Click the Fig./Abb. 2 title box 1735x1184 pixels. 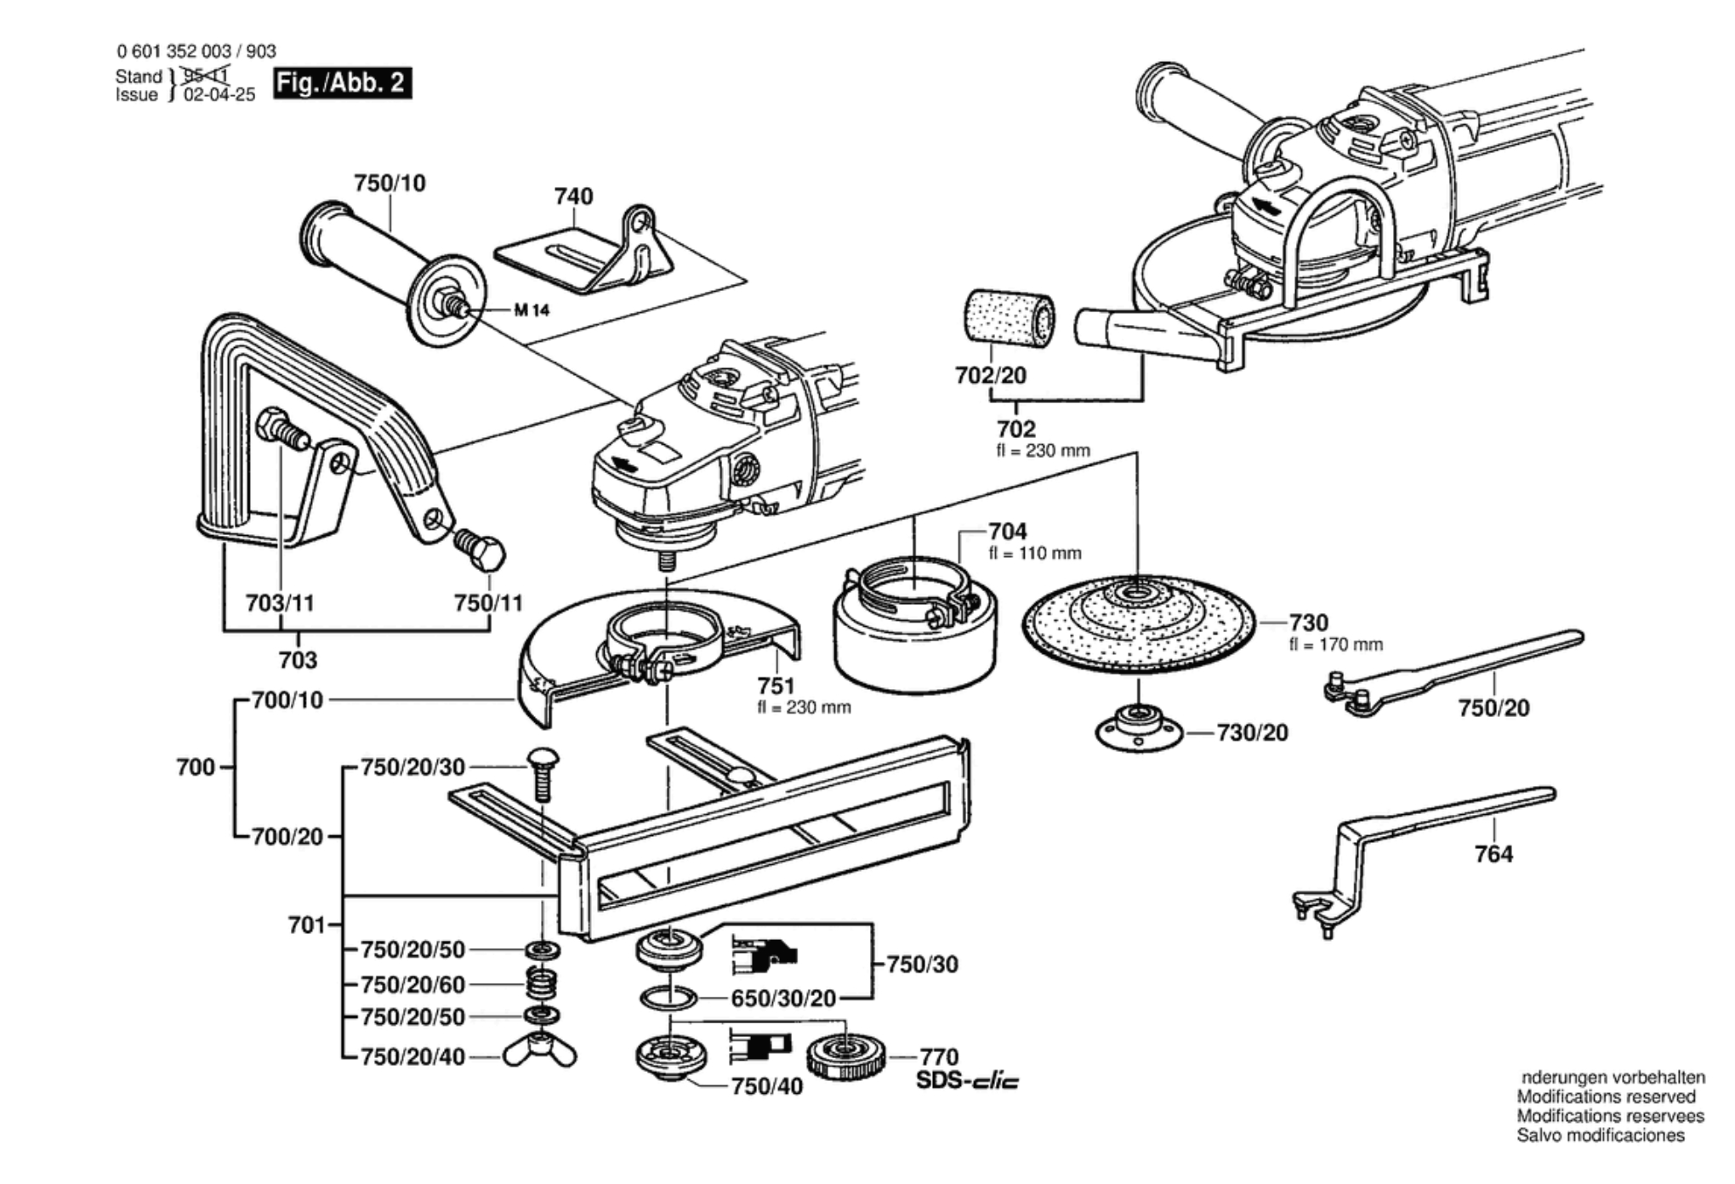[x=342, y=83]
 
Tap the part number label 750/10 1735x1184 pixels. [x=390, y=183]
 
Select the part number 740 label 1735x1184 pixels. [x=573, y=196]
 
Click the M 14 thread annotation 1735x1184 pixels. [x=532, y=310]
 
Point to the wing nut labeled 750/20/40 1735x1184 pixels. [x=539, y=1053]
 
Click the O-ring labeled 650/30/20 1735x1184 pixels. [x=668, y=997]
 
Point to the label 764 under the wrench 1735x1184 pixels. [x=1493, y=854]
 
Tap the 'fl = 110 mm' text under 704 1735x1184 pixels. [x=1034, y=554]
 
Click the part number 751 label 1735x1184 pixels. [x=776, y=686]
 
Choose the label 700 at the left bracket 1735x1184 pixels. [x=196, y=767]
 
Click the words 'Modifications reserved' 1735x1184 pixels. [x=1606, y=1097]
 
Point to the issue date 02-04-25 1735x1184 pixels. [x=219, y=95]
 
